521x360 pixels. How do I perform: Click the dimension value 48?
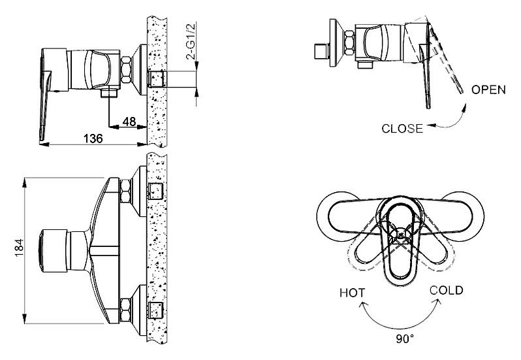pyautogui.click(x=129, y=122)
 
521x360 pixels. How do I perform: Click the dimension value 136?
pyautogui.click(x=93, y=139)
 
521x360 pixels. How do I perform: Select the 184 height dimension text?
pyautogui.click(x=19, y=248)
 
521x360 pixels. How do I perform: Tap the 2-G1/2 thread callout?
pyautogui.click(x=191, y=41)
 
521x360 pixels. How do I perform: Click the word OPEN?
pyautogui.click(x=488, y=90)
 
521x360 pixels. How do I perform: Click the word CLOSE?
pyautogui.click(x=402, y=128)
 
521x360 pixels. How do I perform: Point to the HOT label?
pyautogui.click(x=352, y=293)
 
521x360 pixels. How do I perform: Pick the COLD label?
pyautogui.click(x=446, y=290)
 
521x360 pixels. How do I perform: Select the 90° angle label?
pyautogui.click(x=405, y=338)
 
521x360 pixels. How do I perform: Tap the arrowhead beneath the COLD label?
pyautogui.click(x=438, y=302)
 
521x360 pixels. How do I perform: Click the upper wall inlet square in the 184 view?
pyautogui.click(x=155, y=191)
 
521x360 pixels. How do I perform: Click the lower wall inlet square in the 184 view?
pyautogui.click(x=155, y=310)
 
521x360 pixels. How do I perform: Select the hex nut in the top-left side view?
pyautogui.click(x=126, y=70)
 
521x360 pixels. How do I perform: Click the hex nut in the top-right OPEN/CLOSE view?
pyautogui.click(x=350, y=42)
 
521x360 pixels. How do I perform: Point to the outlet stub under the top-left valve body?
pyautogui.click(x=109, y=92)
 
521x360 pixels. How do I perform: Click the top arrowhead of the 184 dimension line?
pyautogui.click(x=25, y=182)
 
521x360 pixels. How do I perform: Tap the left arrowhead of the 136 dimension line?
pyautogui.click(x=44, y=144)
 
